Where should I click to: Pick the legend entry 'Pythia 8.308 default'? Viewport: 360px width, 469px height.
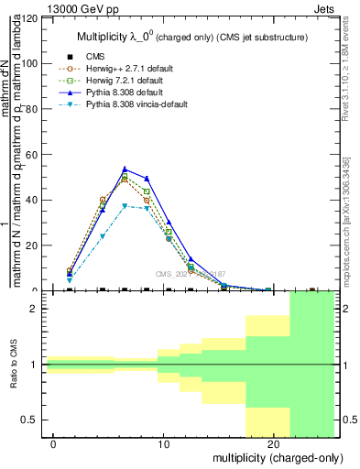125,94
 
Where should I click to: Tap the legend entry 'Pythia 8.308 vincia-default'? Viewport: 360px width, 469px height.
136,107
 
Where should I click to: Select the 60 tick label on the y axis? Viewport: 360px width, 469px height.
31,154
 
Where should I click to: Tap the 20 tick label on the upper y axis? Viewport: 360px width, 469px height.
31,245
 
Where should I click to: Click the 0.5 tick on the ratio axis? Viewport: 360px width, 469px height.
29,420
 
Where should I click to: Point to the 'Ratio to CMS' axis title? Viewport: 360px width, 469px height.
12,365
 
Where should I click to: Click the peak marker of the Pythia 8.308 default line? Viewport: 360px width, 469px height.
125,169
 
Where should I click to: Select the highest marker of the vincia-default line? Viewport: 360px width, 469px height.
125,206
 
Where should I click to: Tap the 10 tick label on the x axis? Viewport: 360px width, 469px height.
163,445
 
